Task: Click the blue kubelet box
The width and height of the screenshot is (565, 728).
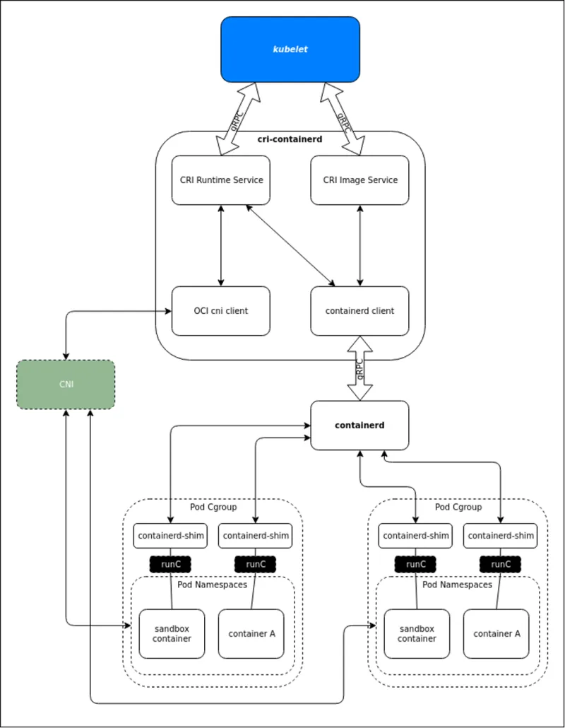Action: coord(290,49)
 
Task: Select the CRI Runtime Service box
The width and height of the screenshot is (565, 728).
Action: coord(221,180)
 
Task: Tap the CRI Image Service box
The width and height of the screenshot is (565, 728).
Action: coord(360,180)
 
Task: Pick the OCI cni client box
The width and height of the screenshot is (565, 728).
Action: coord(221,310)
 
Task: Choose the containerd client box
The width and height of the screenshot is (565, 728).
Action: coord(360,310)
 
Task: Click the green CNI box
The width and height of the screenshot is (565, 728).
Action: coord(66,384)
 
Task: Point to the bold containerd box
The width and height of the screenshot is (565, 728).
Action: coord(360,425)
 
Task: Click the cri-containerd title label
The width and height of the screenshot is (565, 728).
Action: coord(290,139)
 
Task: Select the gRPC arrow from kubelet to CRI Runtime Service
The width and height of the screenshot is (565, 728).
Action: coord(237,119)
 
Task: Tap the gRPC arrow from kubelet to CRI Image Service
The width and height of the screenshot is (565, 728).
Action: coord(344,119)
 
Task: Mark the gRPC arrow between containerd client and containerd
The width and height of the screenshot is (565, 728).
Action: coord(360,369)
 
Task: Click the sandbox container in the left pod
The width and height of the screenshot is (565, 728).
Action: coord(172,634)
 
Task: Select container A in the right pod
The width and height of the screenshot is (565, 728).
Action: coord(496,634)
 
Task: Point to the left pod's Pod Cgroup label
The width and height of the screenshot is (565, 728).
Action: coord(213,507)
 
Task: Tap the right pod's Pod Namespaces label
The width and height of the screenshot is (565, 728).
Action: coord(458,585)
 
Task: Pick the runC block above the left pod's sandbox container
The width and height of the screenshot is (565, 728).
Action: coord(170,564)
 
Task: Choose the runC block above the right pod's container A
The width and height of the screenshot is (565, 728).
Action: coord(500,564)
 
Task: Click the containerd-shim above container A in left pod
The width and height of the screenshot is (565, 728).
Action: coord(256,536)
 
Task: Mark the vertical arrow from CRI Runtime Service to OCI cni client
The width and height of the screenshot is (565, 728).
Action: coord(221,245)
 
